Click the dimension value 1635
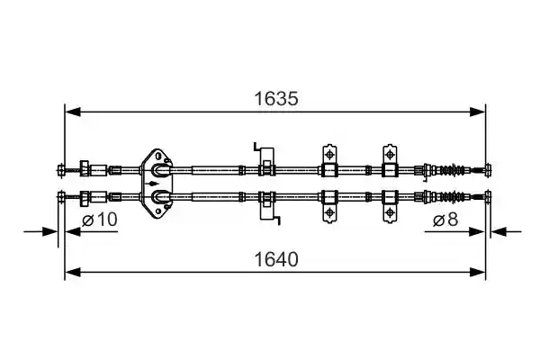(x=276, y=99)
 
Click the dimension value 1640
(x=276, y=260)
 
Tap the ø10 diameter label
(x=100, y=220)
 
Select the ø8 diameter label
(x=445, y=220)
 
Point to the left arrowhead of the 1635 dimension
(x=73, y=112)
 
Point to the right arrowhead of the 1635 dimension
(x=477, y=112)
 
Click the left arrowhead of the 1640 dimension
(x=73, y=272)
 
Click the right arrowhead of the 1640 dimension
(x=477, y=272)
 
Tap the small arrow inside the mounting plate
(x=153, y=184)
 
